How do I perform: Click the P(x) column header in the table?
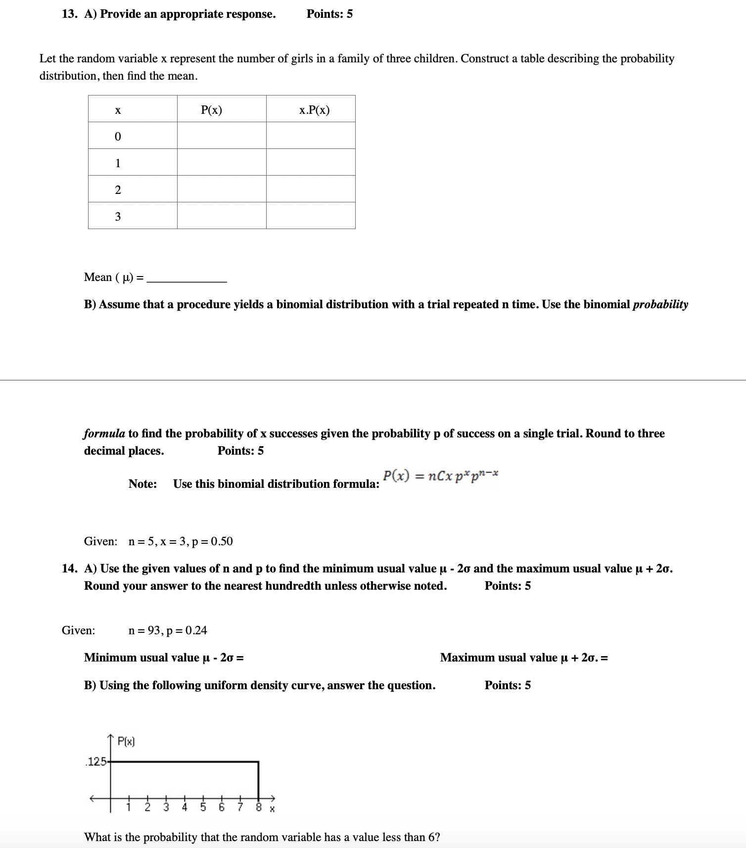coord(212,110)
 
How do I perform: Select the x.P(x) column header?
coord(314,110)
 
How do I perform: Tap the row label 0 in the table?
coord(118,137)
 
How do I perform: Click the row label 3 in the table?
coord(118,217)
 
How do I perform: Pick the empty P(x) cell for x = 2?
coord(222,189)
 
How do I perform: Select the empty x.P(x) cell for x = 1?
coord(311,162)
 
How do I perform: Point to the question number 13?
coord(69,14)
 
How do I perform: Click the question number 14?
coord(69,568)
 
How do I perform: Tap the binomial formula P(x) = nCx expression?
coord(440,476)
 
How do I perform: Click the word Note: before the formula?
coord(142,484)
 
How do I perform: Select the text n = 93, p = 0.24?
coord(167,630)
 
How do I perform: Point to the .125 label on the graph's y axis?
coord(96,761)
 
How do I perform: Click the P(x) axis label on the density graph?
coord(126,741)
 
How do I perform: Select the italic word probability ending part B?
coord(660,304)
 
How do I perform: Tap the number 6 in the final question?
coord(432,837)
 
